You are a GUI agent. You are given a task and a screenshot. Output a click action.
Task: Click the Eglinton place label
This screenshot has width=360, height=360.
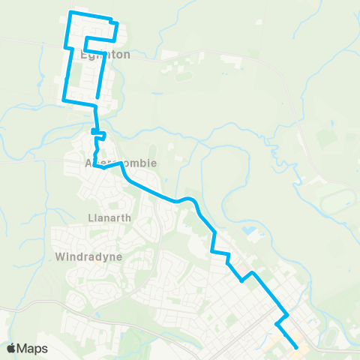[106, 55]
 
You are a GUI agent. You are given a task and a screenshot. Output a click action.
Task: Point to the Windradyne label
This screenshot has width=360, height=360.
[88, 256]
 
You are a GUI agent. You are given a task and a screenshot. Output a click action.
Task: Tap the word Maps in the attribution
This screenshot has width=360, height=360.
[32, 348]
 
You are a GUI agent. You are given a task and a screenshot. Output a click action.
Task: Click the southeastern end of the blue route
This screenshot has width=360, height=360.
[298, 347]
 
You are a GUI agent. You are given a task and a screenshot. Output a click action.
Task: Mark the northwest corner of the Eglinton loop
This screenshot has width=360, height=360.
[70, 13]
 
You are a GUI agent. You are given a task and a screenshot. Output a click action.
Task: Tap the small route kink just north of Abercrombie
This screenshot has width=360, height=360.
[98, 133]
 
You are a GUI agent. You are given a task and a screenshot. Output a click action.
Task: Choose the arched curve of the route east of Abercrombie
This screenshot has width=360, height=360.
[187, 199]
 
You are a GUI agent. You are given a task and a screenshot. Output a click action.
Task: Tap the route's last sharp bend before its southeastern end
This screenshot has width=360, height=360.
[277, 325]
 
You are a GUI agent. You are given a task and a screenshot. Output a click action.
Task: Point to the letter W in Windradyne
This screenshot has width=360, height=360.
[61, 256]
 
